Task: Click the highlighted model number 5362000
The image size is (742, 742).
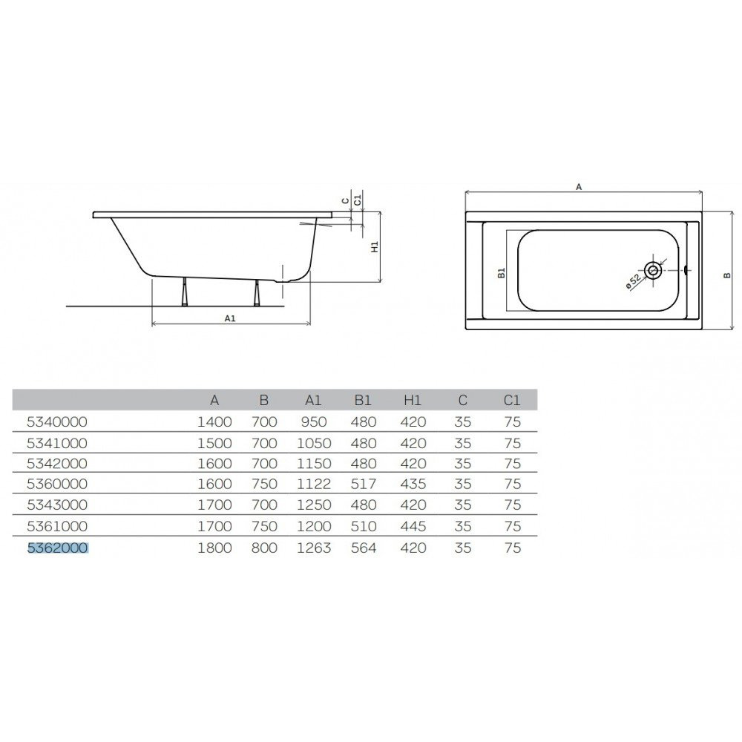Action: (x=57, y=548)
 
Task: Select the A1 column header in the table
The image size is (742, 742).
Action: (x=313, y=401)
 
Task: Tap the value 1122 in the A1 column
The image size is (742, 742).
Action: (x=313, y=484)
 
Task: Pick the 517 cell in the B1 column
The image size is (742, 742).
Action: (x=364, y=484)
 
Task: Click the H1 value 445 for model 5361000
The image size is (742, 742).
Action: (x=413, y=526)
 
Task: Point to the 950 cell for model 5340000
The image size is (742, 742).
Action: (x=314, y=421)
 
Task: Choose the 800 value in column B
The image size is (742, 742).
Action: (x=264, y=548)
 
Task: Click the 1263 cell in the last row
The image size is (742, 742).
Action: (x=313, y=548)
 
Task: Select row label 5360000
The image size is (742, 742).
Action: (x=57, y=484)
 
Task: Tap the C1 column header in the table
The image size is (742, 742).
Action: (x=512, y=401)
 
